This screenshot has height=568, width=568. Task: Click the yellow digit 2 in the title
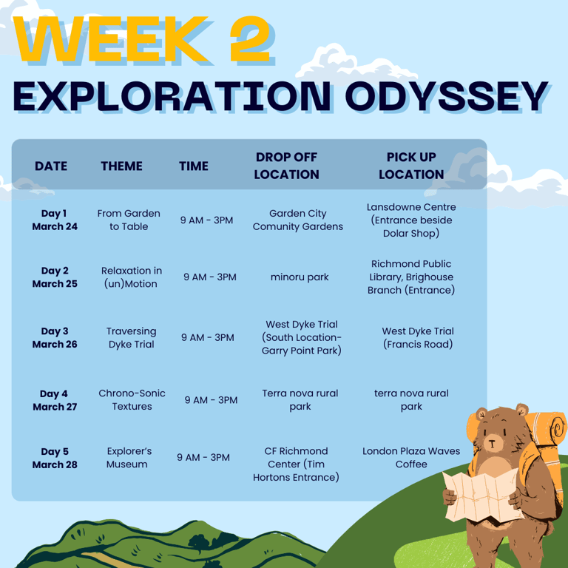pos(251,38)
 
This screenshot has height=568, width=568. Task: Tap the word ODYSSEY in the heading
pos(446,95)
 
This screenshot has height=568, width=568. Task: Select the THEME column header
pos(121,166)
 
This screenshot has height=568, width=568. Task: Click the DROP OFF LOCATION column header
pos(286,166)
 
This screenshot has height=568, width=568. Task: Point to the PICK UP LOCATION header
pos(411,166)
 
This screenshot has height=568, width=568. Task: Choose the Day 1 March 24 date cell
pos(55,220)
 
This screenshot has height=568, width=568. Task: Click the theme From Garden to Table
pos(129,220)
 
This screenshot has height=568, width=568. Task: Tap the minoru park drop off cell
pos(300,277)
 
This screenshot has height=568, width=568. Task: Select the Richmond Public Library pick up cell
pos(411,277)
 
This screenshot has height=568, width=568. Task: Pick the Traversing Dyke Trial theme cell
pos(132,337)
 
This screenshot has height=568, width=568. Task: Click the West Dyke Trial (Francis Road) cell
pos(418,337)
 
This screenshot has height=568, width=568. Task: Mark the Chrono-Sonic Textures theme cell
pos(132,400)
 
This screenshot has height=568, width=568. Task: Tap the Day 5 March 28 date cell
pos(55,458)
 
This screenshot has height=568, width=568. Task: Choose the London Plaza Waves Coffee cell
pos(411,458)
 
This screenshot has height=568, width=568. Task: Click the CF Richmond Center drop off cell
pos(296,464)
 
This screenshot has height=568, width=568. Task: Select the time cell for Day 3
pos(208,337)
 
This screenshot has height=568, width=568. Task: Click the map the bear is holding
pos(484,495)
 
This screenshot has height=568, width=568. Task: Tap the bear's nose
pos(492,443)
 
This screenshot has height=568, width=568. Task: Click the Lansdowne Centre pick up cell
pos(411,220)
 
